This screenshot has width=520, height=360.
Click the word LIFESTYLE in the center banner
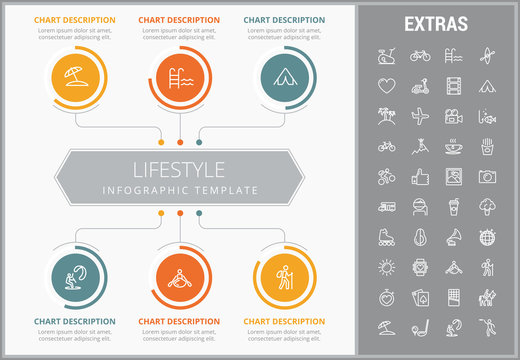pos(180,169)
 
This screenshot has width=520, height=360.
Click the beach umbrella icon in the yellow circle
pos(76,76)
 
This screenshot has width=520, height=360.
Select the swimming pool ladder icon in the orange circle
pos(179,76)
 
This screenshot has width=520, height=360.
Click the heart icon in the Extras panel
pos(387,86)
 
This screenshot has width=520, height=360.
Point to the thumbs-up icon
pos(420,177)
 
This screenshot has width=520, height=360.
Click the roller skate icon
pos(387,238)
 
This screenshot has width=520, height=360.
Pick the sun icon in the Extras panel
pos(387,267)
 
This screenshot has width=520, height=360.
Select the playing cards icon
pos(420,298)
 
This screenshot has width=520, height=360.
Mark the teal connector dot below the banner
pos(199,212)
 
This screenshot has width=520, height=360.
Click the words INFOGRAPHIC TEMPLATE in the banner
pos(180,190)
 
